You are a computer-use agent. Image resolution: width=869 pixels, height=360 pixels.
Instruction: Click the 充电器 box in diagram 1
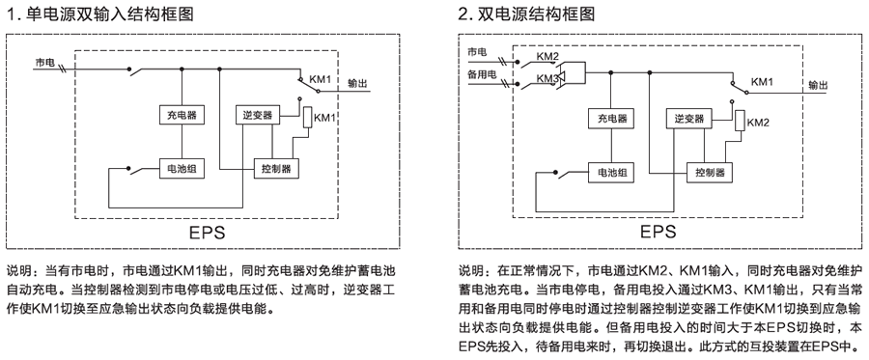[179, 115]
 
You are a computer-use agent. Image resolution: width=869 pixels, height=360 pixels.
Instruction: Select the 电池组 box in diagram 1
[179, 168]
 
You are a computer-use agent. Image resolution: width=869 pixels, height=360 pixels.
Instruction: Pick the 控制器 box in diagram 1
[274, 168]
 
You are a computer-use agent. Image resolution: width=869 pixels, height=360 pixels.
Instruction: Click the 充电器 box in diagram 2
[612, 120]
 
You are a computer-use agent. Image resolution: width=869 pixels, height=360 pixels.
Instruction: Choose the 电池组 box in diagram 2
[612, 173]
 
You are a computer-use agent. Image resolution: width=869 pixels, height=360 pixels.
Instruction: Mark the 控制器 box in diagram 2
[709, 173]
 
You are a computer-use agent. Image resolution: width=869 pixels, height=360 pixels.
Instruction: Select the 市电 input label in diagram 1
[45, 62]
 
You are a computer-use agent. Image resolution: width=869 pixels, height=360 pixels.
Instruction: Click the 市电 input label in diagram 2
[477, 50]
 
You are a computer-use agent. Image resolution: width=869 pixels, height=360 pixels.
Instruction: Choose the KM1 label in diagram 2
[762, 81]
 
